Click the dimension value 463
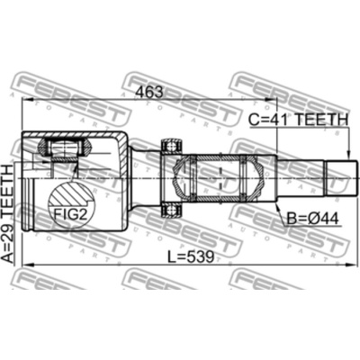149,91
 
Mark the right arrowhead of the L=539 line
352,265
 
